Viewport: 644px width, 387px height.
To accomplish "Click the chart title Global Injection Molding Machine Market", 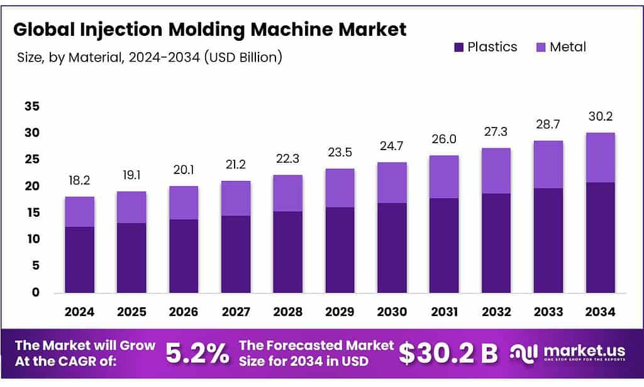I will pos(210,30).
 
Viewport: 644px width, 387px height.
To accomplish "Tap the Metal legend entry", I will pos(560,47).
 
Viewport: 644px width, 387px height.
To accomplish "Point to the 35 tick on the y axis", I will pos(32,107).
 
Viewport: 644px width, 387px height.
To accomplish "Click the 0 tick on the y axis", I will pos(36,292).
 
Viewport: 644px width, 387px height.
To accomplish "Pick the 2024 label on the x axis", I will pos(80,311).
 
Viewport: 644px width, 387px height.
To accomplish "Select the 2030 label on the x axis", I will pos(392,311).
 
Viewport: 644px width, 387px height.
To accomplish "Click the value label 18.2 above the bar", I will pos(80,181).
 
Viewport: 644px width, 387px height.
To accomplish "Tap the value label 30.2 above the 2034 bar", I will pos(600,117).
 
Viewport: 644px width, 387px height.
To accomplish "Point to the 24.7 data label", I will pos(392,146).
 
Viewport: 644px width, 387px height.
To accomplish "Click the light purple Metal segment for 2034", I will pos(600,158).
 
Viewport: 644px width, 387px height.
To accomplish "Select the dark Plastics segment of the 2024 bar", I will pos(80,259).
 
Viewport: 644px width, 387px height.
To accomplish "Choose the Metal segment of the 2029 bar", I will pos(340,188).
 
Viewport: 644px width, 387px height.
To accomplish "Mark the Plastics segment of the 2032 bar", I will pos(496,243).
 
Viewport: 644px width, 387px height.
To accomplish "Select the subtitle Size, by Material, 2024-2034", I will pos(149,57).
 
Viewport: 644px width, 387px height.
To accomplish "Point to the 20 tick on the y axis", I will pos(32,186).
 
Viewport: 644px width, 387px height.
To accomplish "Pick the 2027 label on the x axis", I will pos(236,311).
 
